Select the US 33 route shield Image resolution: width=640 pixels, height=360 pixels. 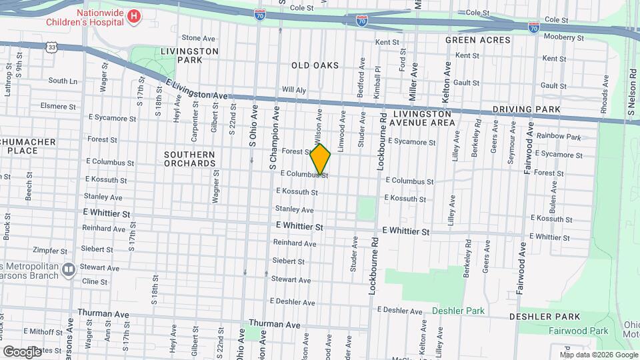(52, 47)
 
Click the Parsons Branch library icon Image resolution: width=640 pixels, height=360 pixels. (69, 270)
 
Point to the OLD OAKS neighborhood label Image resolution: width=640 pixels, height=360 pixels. (315, 65)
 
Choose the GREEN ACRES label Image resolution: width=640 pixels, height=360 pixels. (478, 40)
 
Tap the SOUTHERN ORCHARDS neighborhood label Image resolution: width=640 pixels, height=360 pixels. (189, 159)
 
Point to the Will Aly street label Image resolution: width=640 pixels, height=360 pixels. (294, 90)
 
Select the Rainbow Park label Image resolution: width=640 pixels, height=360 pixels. (559, 136)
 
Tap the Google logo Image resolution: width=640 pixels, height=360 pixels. (22, 351)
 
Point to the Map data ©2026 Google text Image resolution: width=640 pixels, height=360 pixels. (597, 355)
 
